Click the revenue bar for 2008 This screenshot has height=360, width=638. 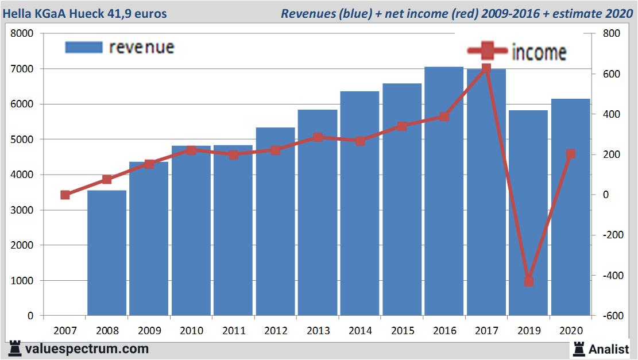coord(107,253)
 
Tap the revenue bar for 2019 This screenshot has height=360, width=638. coord(528,213)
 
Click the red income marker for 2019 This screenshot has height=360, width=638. coord(528,281)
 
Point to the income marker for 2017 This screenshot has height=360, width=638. coord(486,68)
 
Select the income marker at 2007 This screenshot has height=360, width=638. coord(65,195)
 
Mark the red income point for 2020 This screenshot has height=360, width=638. coord(571,154)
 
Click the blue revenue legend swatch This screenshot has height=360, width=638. coord(84,47)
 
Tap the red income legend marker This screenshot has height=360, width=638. coord(487,51)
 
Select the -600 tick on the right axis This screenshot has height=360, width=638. coord(610,316)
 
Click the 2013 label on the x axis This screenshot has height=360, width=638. coord(318,331)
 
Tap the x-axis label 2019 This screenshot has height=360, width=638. coord(528,331)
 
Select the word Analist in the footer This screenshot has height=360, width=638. coord(609,349)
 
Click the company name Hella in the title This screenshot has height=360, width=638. coord(17,13)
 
